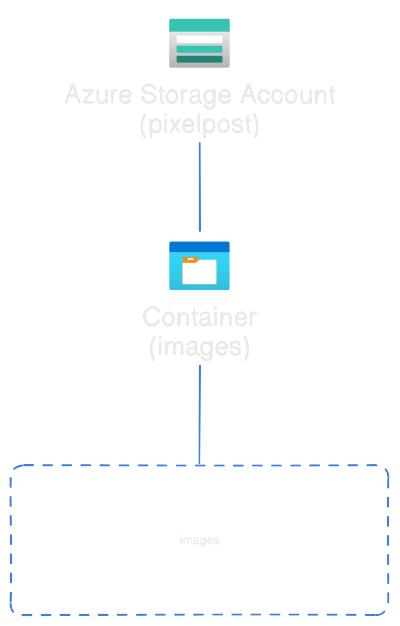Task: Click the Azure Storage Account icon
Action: coord(199,43)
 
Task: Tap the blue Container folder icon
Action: coord(199,266)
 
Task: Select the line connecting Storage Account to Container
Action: coord(200,187)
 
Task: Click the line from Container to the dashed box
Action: coord(200,415)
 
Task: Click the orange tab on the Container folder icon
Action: coord(190,260)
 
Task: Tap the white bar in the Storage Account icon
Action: coord(199,39)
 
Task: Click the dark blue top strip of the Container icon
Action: coord(199,247)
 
